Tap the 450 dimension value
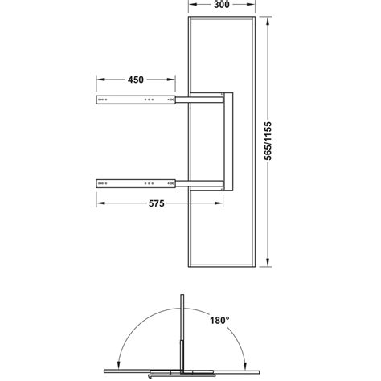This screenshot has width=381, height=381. point(135,80)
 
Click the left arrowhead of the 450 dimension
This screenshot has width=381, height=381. point(99,80)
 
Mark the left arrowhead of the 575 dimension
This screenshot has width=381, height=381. point(99,204)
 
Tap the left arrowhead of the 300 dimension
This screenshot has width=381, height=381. point(190,6)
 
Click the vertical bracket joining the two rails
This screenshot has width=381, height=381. point(227,141)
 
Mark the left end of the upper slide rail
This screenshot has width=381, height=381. point(98,100)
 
